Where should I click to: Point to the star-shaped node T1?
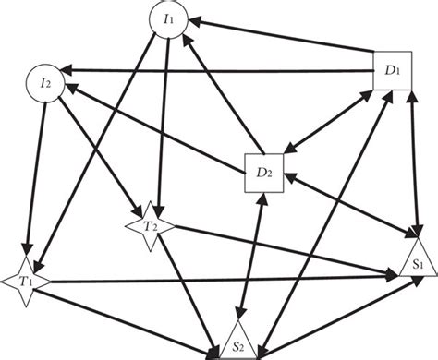20,279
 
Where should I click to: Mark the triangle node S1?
417,261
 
